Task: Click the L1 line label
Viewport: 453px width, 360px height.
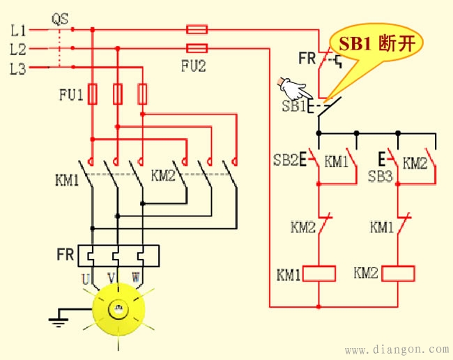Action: tap(18, 31)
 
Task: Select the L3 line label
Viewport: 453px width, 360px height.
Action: tap(18, 68)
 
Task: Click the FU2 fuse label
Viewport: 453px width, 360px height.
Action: tap(196, 67)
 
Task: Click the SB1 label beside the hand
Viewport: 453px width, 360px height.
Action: tap(293, 107)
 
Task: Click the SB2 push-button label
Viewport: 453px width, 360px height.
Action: tap(286, 162)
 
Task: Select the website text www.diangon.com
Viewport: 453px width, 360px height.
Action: tap(397, 348)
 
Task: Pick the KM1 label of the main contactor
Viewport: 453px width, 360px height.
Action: tap(67, 179)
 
